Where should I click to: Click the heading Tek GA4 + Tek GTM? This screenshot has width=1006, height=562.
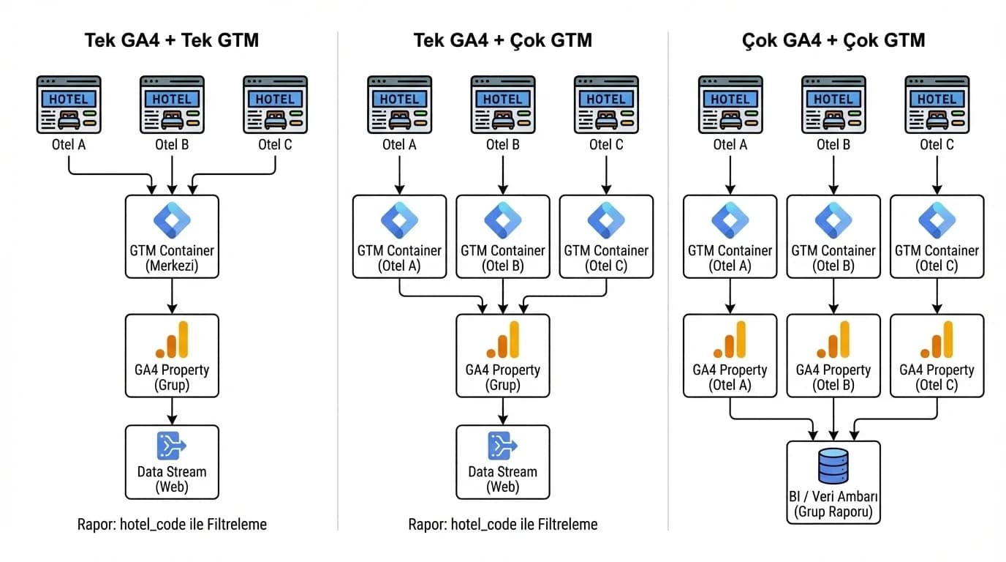click(x=172, y=40)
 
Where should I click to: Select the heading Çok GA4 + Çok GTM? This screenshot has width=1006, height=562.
click(x=833, y=40)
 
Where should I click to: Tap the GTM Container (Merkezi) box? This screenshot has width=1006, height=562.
click(x=172, y=236)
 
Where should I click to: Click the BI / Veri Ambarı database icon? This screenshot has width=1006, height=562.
click(x=833, y=466)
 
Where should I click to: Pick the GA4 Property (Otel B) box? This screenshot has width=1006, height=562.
click(x=833, y=356)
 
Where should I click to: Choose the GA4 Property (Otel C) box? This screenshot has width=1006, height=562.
click(x=937, y=356)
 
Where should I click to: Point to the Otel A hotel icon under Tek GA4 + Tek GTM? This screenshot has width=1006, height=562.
click(x=69, y=105)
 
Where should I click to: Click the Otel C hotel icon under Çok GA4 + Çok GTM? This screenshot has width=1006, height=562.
click(x=937, y=105)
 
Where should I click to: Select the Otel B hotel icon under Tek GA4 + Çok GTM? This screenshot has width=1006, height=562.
click(x=502, y=105)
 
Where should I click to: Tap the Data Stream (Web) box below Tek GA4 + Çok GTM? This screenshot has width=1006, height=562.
click(x=502, y=462)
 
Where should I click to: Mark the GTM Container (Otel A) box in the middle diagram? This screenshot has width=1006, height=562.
click(x=399, y=236)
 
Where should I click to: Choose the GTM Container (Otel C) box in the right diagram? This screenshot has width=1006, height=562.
click(x=937, y=236)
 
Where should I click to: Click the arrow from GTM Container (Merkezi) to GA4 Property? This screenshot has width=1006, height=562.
click(x=172, y=296)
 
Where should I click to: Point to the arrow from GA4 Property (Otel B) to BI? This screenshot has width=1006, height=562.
click(x=833, y=419)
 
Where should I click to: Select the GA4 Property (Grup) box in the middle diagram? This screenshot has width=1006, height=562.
click(x=502, y=356)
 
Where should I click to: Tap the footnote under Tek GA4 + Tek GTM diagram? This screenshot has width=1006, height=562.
click(x=172, y=524)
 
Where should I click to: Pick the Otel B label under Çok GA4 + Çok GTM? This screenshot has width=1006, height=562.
click(x=833, y=145)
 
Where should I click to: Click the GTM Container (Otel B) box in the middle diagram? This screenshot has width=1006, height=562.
click(x=502, y=236)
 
